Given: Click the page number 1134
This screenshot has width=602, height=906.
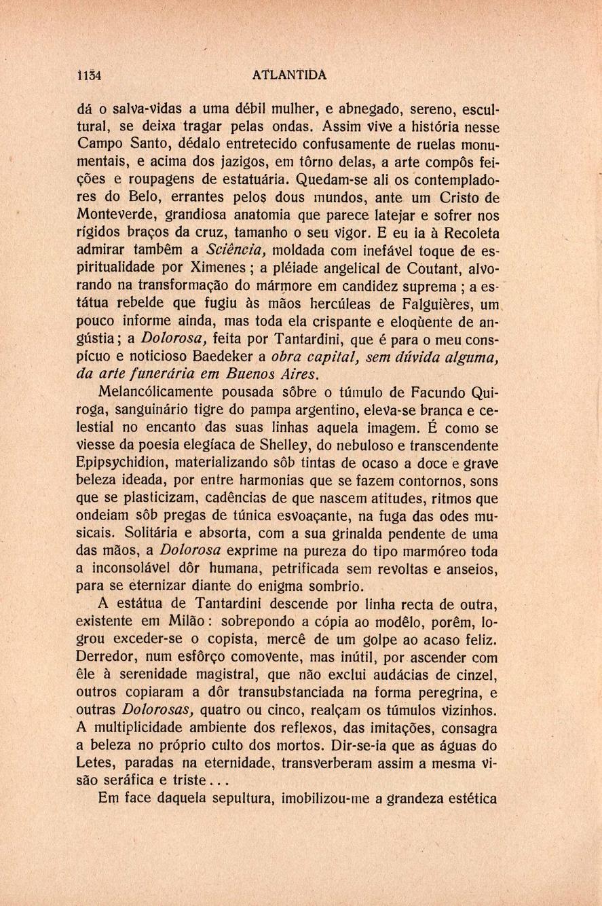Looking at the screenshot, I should (x=89, y=75).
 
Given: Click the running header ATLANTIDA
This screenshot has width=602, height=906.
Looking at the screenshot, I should (x=288, y=75).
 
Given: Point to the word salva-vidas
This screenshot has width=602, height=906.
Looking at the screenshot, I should (x=145, y=109).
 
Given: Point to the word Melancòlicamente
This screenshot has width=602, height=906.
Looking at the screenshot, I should (x=155, y=392).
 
